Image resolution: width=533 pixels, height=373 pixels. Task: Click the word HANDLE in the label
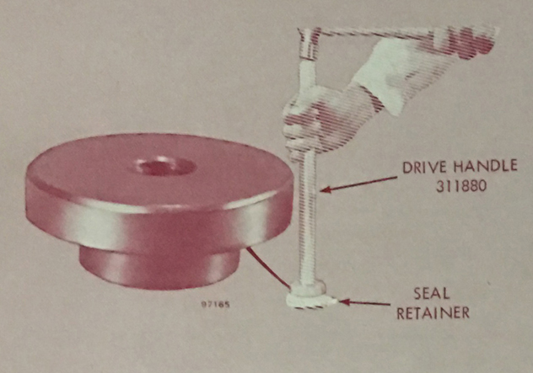486,167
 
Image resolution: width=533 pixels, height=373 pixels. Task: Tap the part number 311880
461,186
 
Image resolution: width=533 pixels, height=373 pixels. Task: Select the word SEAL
431,293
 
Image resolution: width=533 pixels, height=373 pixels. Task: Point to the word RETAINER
433,313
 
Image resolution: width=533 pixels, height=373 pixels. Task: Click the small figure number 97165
216,305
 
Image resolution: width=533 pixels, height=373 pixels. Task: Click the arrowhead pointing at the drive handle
326,189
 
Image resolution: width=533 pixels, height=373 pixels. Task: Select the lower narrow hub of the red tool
159,268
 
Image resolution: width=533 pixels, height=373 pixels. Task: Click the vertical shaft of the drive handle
309,217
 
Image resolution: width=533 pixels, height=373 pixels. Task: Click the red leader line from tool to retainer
268,268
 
